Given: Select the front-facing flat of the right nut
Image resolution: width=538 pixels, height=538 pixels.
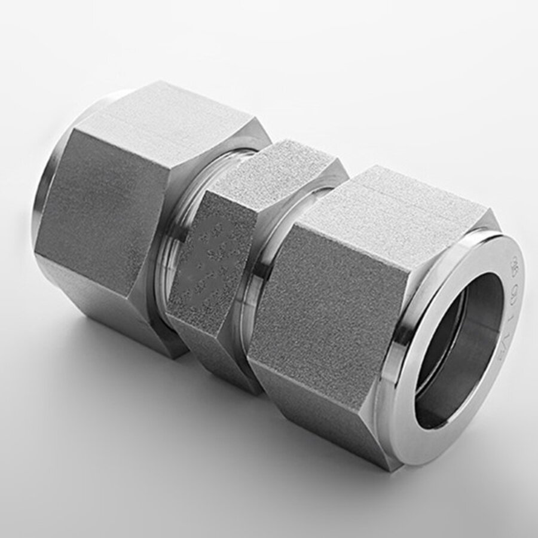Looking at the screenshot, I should click(x=323, y=311).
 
